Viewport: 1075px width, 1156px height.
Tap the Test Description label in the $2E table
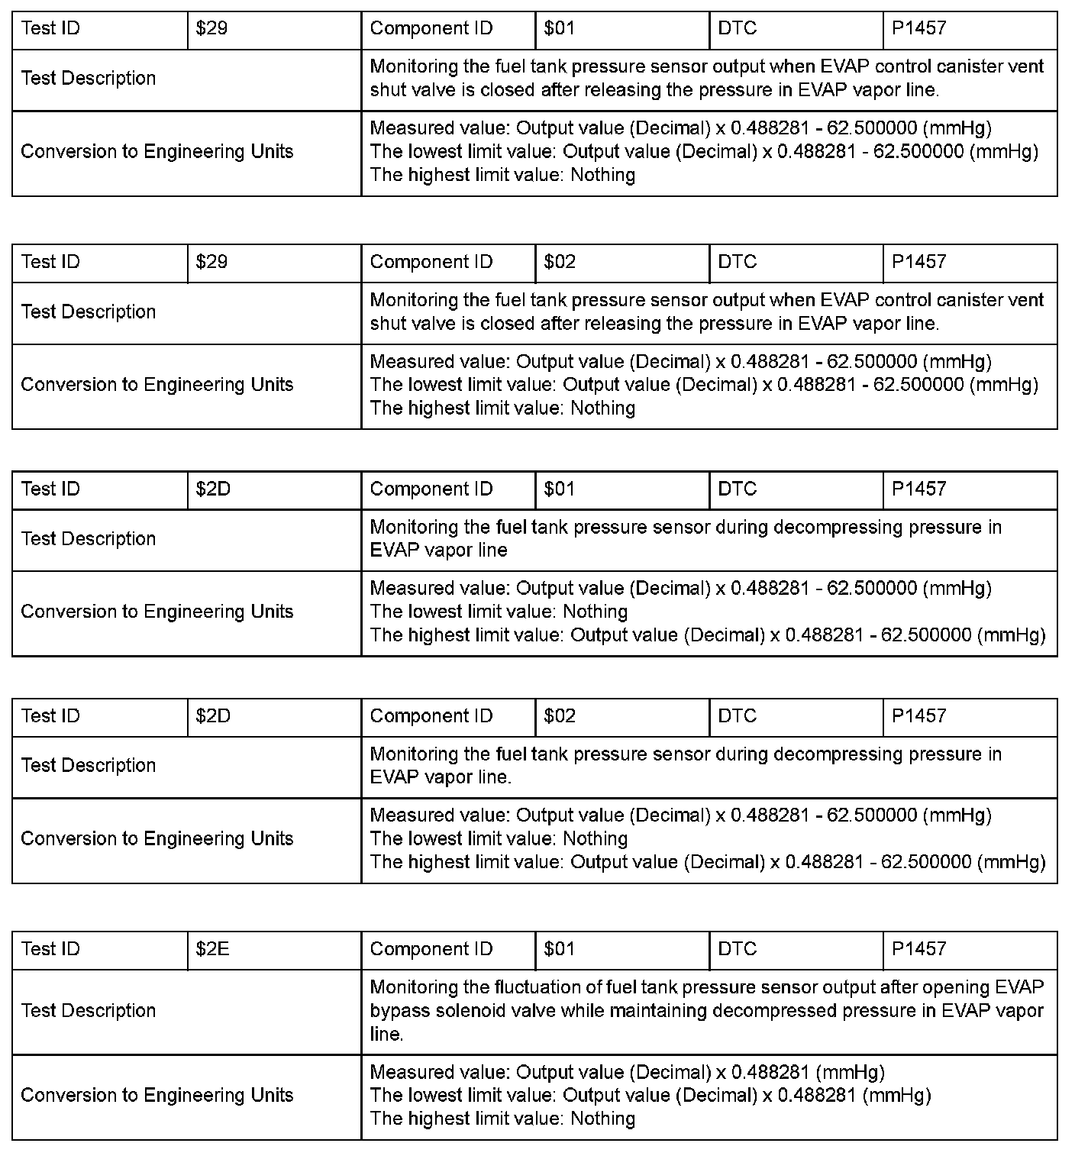click(x=89, y=1011)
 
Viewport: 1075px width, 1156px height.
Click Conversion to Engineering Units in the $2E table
click(x=157, y=1096)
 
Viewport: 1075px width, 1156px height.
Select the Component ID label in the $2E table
click(x=431, y=949)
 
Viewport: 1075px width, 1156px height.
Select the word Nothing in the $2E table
click(x=603, y=1119)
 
